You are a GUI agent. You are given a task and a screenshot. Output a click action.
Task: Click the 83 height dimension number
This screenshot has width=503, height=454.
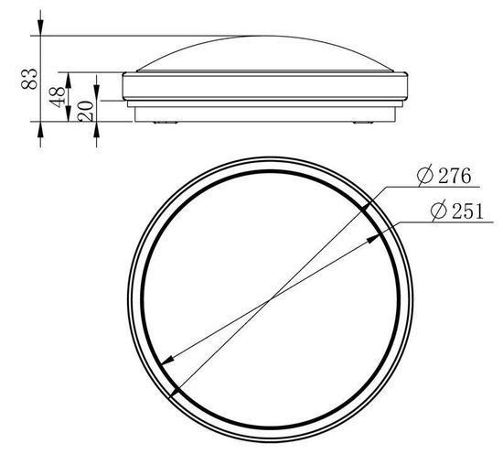coord(29,79)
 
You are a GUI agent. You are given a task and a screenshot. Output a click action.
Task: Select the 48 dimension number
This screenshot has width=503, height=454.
coord(57,96)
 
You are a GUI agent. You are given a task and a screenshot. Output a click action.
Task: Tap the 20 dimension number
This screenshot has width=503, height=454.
coord(86,111)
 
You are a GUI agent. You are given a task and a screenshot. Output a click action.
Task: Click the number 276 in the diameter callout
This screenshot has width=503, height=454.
coord(455,176)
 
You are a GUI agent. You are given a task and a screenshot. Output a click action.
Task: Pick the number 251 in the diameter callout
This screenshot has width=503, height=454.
coord(467,211)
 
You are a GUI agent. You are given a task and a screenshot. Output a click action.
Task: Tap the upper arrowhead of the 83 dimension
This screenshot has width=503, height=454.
coord(40,27)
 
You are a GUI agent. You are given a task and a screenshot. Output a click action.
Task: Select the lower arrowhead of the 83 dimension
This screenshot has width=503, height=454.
coord(40,129)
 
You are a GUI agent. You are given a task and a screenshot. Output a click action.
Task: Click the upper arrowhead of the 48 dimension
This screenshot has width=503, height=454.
coord(68,81)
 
